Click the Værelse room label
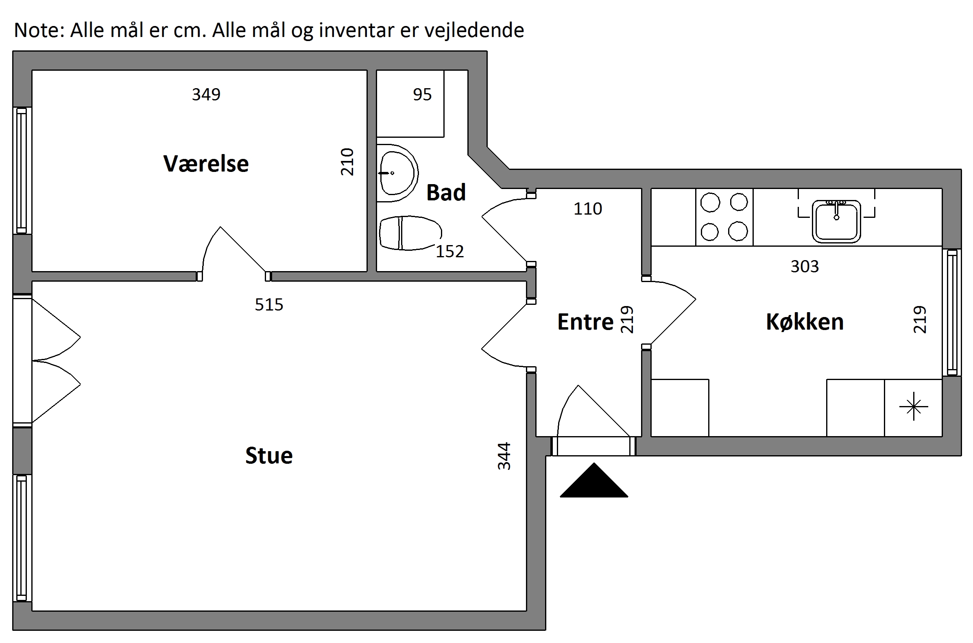pyautogui.click(x=206, y=164)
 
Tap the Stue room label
pyautogui.click(x=269, y=456)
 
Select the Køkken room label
pyautogui.click(x=804, y=322)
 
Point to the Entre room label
pyautogui.click(x=585, y=322)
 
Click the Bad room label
pyautogui.click(x=446, y=193)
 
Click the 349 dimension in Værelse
pyautogui.click(x=206, y=95)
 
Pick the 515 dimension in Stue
pyautogui.click(x=269, y=305)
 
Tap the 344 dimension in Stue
pyautogui.click(x=504, y=456)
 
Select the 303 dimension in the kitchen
pyautogui.click(x=804, y=267)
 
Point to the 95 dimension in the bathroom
pyautogui.click(x=422, y=95)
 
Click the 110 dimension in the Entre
pyautogui.click(x=588, y=209)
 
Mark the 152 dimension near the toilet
pyautogui.click(x=450, y=251)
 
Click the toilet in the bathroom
pyautogui.click(x=408, y=233)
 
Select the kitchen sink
pyautogui.click(x=836, y=221)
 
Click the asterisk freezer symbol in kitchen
pyautogui.click(x=914, y=407)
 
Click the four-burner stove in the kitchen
pyautogui.click(x=724, y=217)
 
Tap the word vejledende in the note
pyautogui.click(x=474, y=30)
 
